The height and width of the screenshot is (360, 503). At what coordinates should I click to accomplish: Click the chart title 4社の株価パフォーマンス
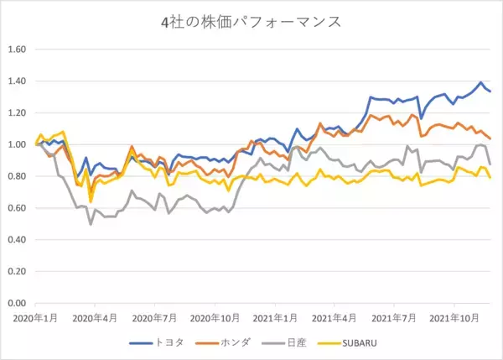coord(251,22)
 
